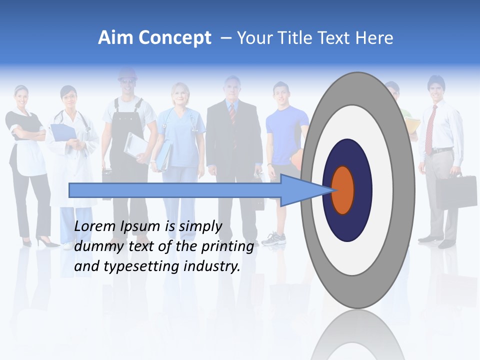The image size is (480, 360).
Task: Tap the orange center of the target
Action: coord(343,190)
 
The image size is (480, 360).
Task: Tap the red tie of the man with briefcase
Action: coord(430,130)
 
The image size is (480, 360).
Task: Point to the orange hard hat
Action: coord(127,74)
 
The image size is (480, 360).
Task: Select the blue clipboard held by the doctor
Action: coord(62,132)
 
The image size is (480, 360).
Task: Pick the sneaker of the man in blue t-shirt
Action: coord(273,238)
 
